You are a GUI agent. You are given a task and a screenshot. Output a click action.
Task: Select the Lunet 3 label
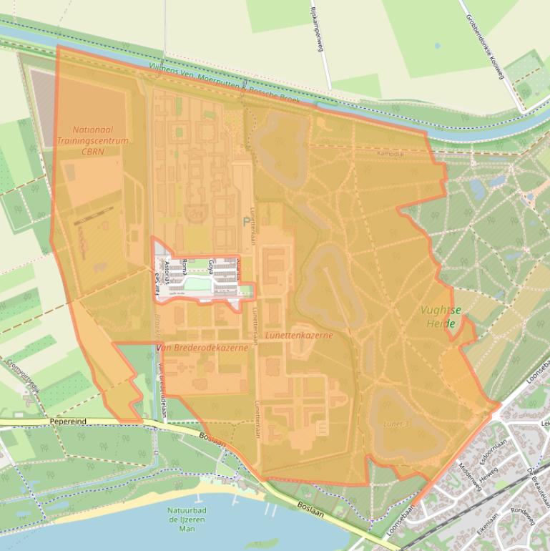click(x=396, y=424)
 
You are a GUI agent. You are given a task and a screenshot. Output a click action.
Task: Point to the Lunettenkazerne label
click(x=298, y=335)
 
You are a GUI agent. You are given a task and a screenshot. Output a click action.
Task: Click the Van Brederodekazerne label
click(x=202, y=347)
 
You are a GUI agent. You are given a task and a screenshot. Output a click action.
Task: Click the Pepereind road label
click(x=68, y=421)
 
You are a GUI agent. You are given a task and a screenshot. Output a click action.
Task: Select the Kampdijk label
click(x=391, y=153)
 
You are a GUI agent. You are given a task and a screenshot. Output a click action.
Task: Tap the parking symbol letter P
click(x=247, y=223)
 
